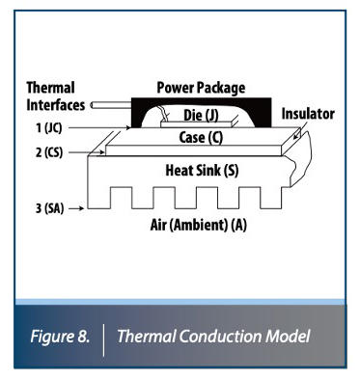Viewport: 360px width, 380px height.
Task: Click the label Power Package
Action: coord(200,88)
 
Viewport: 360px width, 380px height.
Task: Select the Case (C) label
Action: coord(202,137)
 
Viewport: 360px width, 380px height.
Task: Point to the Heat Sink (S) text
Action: coord(204,170)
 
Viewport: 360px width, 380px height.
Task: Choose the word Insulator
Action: coord(308,113)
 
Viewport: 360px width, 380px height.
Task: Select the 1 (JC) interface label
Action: coord(42,125)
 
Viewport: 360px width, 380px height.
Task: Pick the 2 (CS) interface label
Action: coord(43,153)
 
